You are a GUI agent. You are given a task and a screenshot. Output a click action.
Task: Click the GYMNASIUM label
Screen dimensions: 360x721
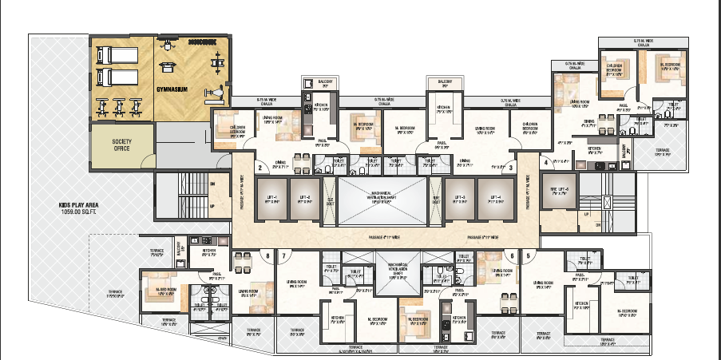click(172, 89)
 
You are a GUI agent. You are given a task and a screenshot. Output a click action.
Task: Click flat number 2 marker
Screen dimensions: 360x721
click(260, 168)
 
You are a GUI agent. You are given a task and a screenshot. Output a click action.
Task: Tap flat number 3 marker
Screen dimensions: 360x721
click(510, 168)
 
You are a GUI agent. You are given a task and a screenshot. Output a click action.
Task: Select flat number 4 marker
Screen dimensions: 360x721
click(546, 163)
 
